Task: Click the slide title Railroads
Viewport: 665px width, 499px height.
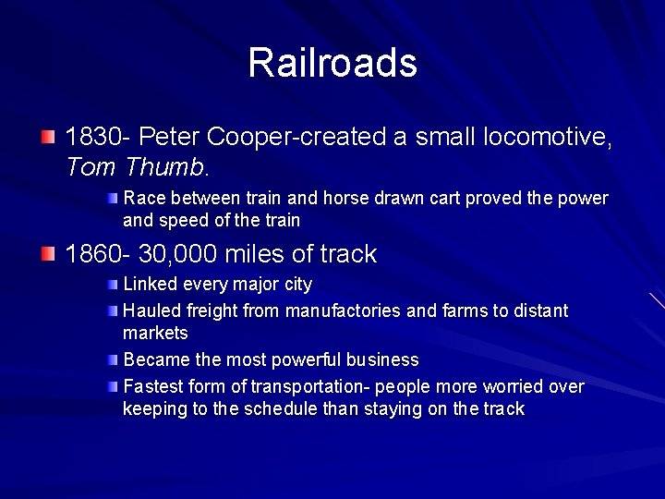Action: click(x=332, y=63)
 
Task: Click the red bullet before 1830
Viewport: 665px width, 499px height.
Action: click(x=48, y=137)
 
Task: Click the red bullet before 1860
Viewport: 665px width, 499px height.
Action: click(x=48, y=253)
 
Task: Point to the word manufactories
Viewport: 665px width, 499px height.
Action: click(x=344, y=310)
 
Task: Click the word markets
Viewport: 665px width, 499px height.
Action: click(x=155, y=333)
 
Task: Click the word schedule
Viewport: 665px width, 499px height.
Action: click(x=281, y=408)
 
